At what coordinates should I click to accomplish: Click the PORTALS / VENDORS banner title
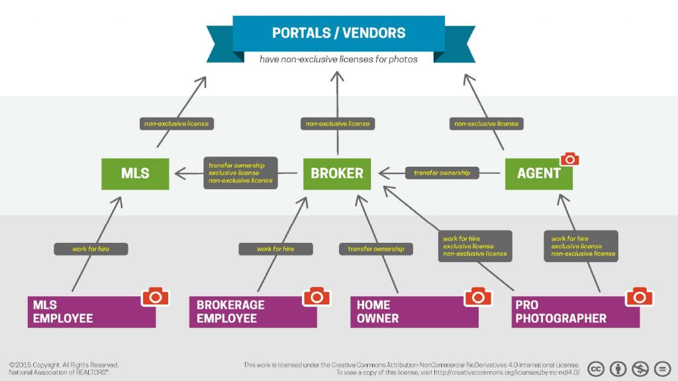[x=338, y=32]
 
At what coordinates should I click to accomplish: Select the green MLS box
[x=135, y=174]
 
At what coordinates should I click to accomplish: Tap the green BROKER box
[x=337, y=174]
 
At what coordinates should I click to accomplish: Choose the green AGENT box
[x=538, y=174]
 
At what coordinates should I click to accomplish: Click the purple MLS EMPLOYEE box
[x=91, y=312]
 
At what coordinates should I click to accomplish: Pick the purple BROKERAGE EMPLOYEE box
[x=252, y=312]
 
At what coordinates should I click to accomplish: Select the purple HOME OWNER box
[x=414, y=312]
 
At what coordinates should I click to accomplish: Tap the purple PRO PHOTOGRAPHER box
[x=575, y=312]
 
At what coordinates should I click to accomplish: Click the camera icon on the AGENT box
[x=569, y=159]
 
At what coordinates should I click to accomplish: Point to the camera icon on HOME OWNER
[x=478, y=296]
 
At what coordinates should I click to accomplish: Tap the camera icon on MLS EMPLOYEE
[x=156, y=296]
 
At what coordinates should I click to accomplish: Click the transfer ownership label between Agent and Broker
[x=442, y=173]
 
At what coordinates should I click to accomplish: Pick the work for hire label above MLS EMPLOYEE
[x=91, y=249]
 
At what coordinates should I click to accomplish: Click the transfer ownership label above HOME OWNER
[x=376, y=249]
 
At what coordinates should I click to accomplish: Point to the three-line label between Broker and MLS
[x=240, y=173]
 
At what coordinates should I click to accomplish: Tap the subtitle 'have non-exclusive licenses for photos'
[x=338, y=59]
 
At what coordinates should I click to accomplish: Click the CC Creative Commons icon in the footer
[x=596, y=368]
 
